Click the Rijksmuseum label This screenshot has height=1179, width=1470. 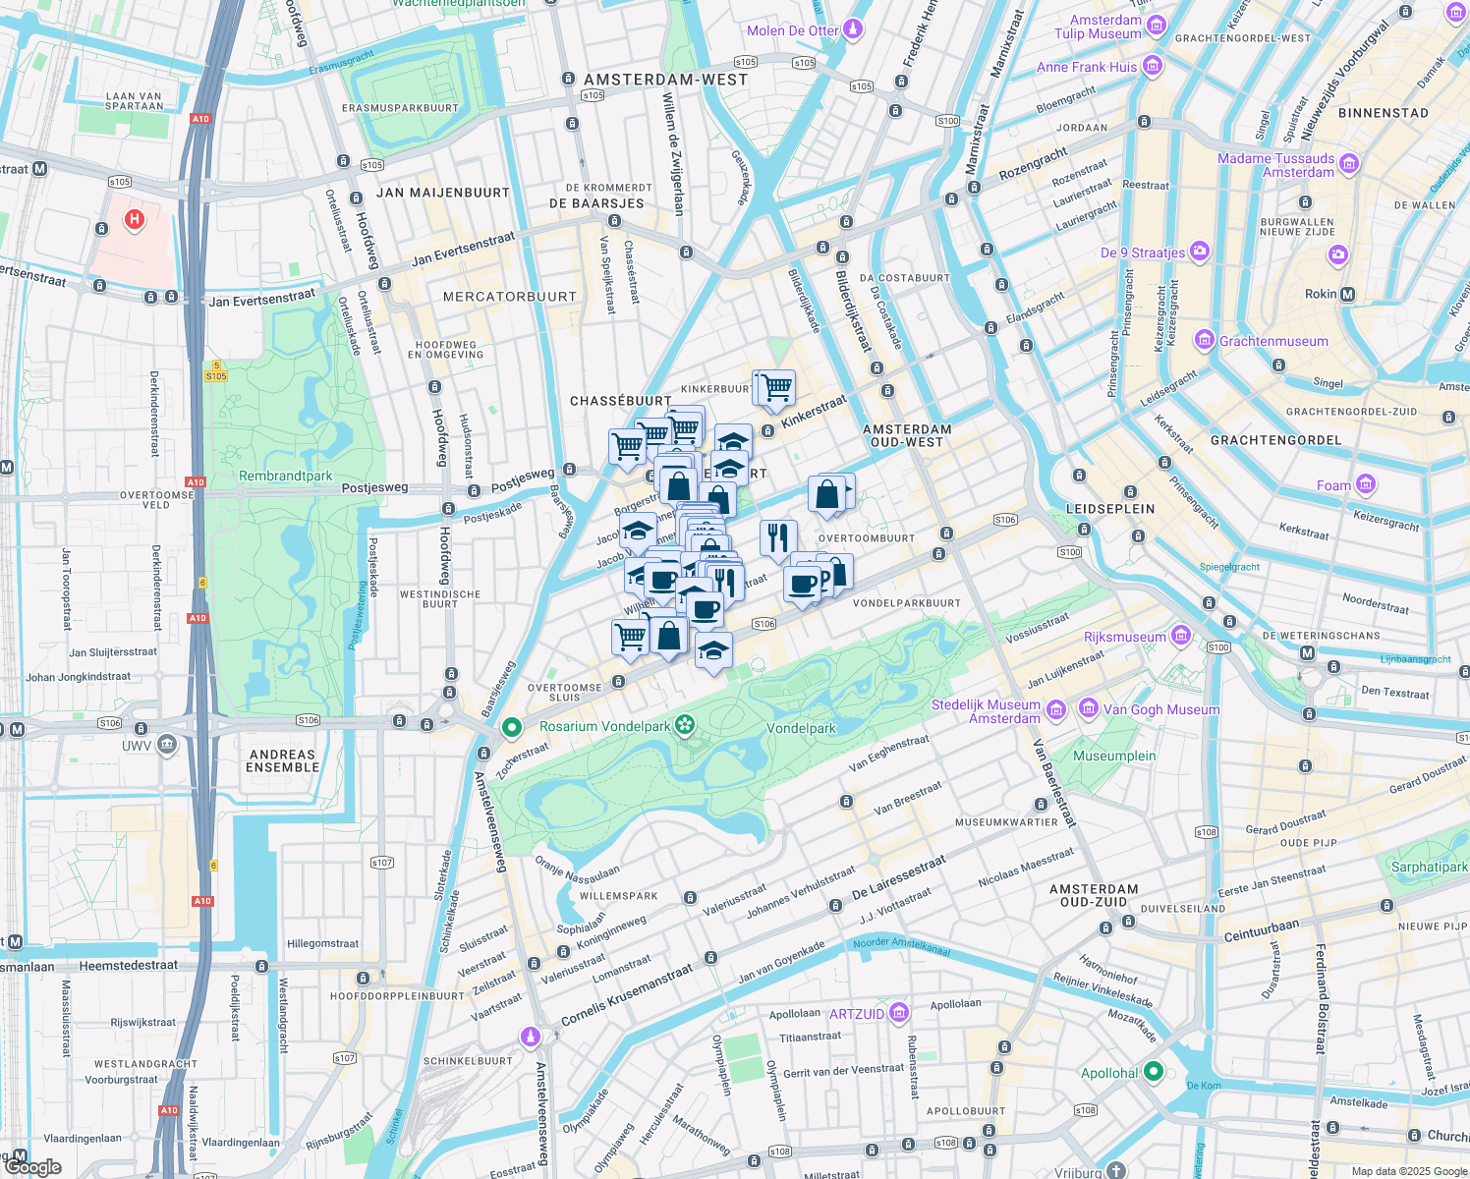coord(1124,637)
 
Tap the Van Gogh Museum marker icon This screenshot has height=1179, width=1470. coord(1088,708)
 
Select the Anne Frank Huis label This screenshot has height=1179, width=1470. coord(1086,67)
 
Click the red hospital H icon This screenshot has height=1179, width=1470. coord(135,220)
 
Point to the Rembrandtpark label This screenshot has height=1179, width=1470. coord(285,476)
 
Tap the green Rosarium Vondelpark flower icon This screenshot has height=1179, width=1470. coord(686,727)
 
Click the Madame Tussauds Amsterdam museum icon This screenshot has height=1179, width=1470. coord(1349,164)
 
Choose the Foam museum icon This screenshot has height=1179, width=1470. coord(1365,484)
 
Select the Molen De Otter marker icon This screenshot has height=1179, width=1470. coord(853,29)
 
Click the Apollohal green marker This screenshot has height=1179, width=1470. coord(1155,1072)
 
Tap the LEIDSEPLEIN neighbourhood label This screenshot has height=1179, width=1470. coord(1110,509)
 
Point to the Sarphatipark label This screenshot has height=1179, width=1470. coord(1429,867)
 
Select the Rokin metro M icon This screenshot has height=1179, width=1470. coord(1347,294)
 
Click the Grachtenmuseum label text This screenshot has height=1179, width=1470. coord(1273,341)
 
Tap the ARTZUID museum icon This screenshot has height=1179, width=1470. coord(898,1013)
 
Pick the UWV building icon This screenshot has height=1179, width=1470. coord(166,745)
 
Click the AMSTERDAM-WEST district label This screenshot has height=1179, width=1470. coord(665,80)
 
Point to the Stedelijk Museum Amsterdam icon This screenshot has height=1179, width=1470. coord(1055,709)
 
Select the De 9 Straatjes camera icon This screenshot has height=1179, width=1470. coord(1199,252)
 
